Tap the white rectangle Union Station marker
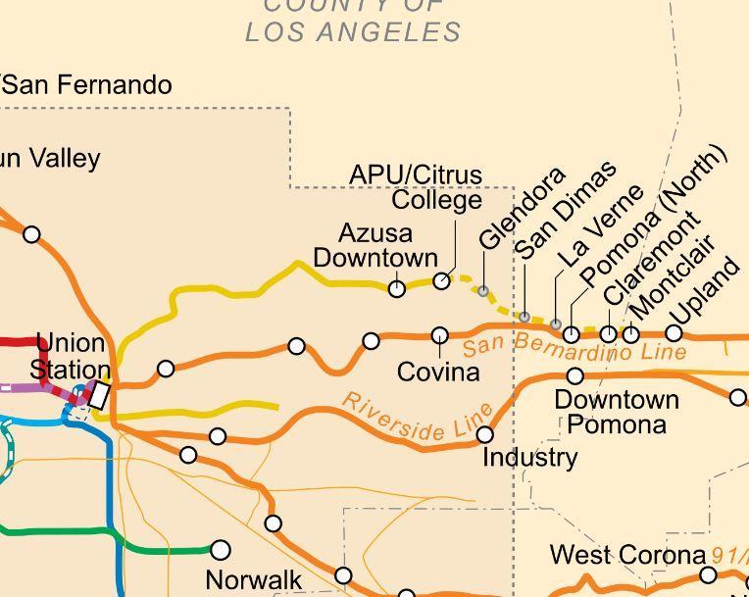(x=100, y=395)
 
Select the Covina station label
(x=438, y=373)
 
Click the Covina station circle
(x=440, y=335)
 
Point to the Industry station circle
(x=484, y=433)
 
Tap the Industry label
(x=530, y=457)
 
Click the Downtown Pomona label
(x=616, y=412)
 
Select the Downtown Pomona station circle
(x=575, y=375)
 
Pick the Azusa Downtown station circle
(x=397, y=288)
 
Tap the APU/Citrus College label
(x=431, y=187)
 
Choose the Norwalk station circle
(x=221, y=550)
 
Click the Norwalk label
(x=254, y=579)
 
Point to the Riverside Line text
(x=418, y=417)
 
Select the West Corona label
(x=627, y=555)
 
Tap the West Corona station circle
(x=709, y=574)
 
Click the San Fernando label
(x=88, y=85)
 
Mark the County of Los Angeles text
(x=353, y=20)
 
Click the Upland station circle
(x=674, y=333)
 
